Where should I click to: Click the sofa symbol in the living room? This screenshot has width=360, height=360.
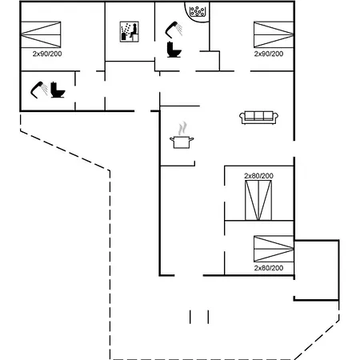258,118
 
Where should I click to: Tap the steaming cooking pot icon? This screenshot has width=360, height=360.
182,135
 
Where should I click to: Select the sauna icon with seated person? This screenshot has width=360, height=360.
130,32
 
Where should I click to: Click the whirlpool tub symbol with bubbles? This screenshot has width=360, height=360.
197,11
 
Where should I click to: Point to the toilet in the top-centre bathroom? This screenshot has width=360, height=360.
174,50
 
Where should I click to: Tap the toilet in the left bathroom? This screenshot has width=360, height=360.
58,90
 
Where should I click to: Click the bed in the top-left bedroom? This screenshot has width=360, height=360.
41,34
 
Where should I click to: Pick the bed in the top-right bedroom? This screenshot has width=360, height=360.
274,34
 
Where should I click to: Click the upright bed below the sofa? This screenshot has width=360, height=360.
258,200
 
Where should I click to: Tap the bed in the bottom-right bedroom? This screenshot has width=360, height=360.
274,249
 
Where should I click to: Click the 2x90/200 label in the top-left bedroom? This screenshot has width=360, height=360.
47,54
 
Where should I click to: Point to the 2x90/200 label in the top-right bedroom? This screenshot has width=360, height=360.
269,54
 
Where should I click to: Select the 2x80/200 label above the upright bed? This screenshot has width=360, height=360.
258,176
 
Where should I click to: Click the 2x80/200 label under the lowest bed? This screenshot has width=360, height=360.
269,268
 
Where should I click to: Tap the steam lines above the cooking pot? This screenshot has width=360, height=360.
182,129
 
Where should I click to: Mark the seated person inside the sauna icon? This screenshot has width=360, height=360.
134,31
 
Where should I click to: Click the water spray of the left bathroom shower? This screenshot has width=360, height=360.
45,89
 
